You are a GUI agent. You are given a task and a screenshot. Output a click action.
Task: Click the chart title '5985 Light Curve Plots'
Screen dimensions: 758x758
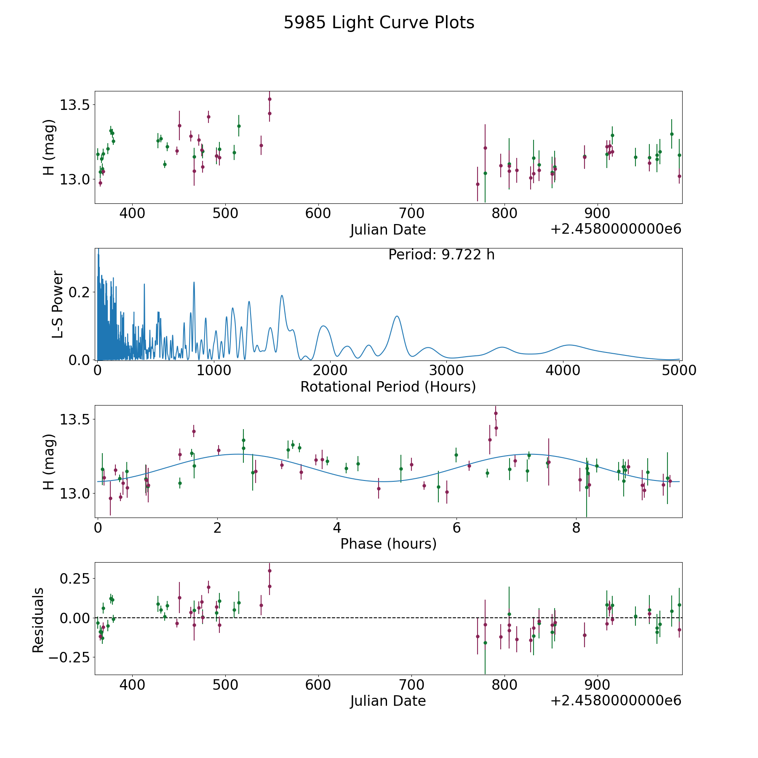[x=379, y=23]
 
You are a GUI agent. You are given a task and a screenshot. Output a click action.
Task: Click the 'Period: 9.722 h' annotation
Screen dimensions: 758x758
[x=441, y=255]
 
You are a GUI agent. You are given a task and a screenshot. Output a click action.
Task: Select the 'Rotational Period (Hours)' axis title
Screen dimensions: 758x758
[x=388, y=387]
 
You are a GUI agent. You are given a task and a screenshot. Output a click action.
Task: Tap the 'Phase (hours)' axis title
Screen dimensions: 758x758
[x=388, y=544]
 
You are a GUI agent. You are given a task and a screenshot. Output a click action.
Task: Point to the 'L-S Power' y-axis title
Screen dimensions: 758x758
[x=58, y=304]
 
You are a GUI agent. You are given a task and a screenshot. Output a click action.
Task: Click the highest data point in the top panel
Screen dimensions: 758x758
[x=270, y=99]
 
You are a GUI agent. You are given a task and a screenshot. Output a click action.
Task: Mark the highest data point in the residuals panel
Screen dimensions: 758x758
[x=270, y=571]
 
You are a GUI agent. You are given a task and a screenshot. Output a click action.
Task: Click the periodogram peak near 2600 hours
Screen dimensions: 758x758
[x=397, y=316]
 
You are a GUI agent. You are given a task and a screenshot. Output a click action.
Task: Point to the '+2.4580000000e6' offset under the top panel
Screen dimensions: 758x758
[x=616, y=229]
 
